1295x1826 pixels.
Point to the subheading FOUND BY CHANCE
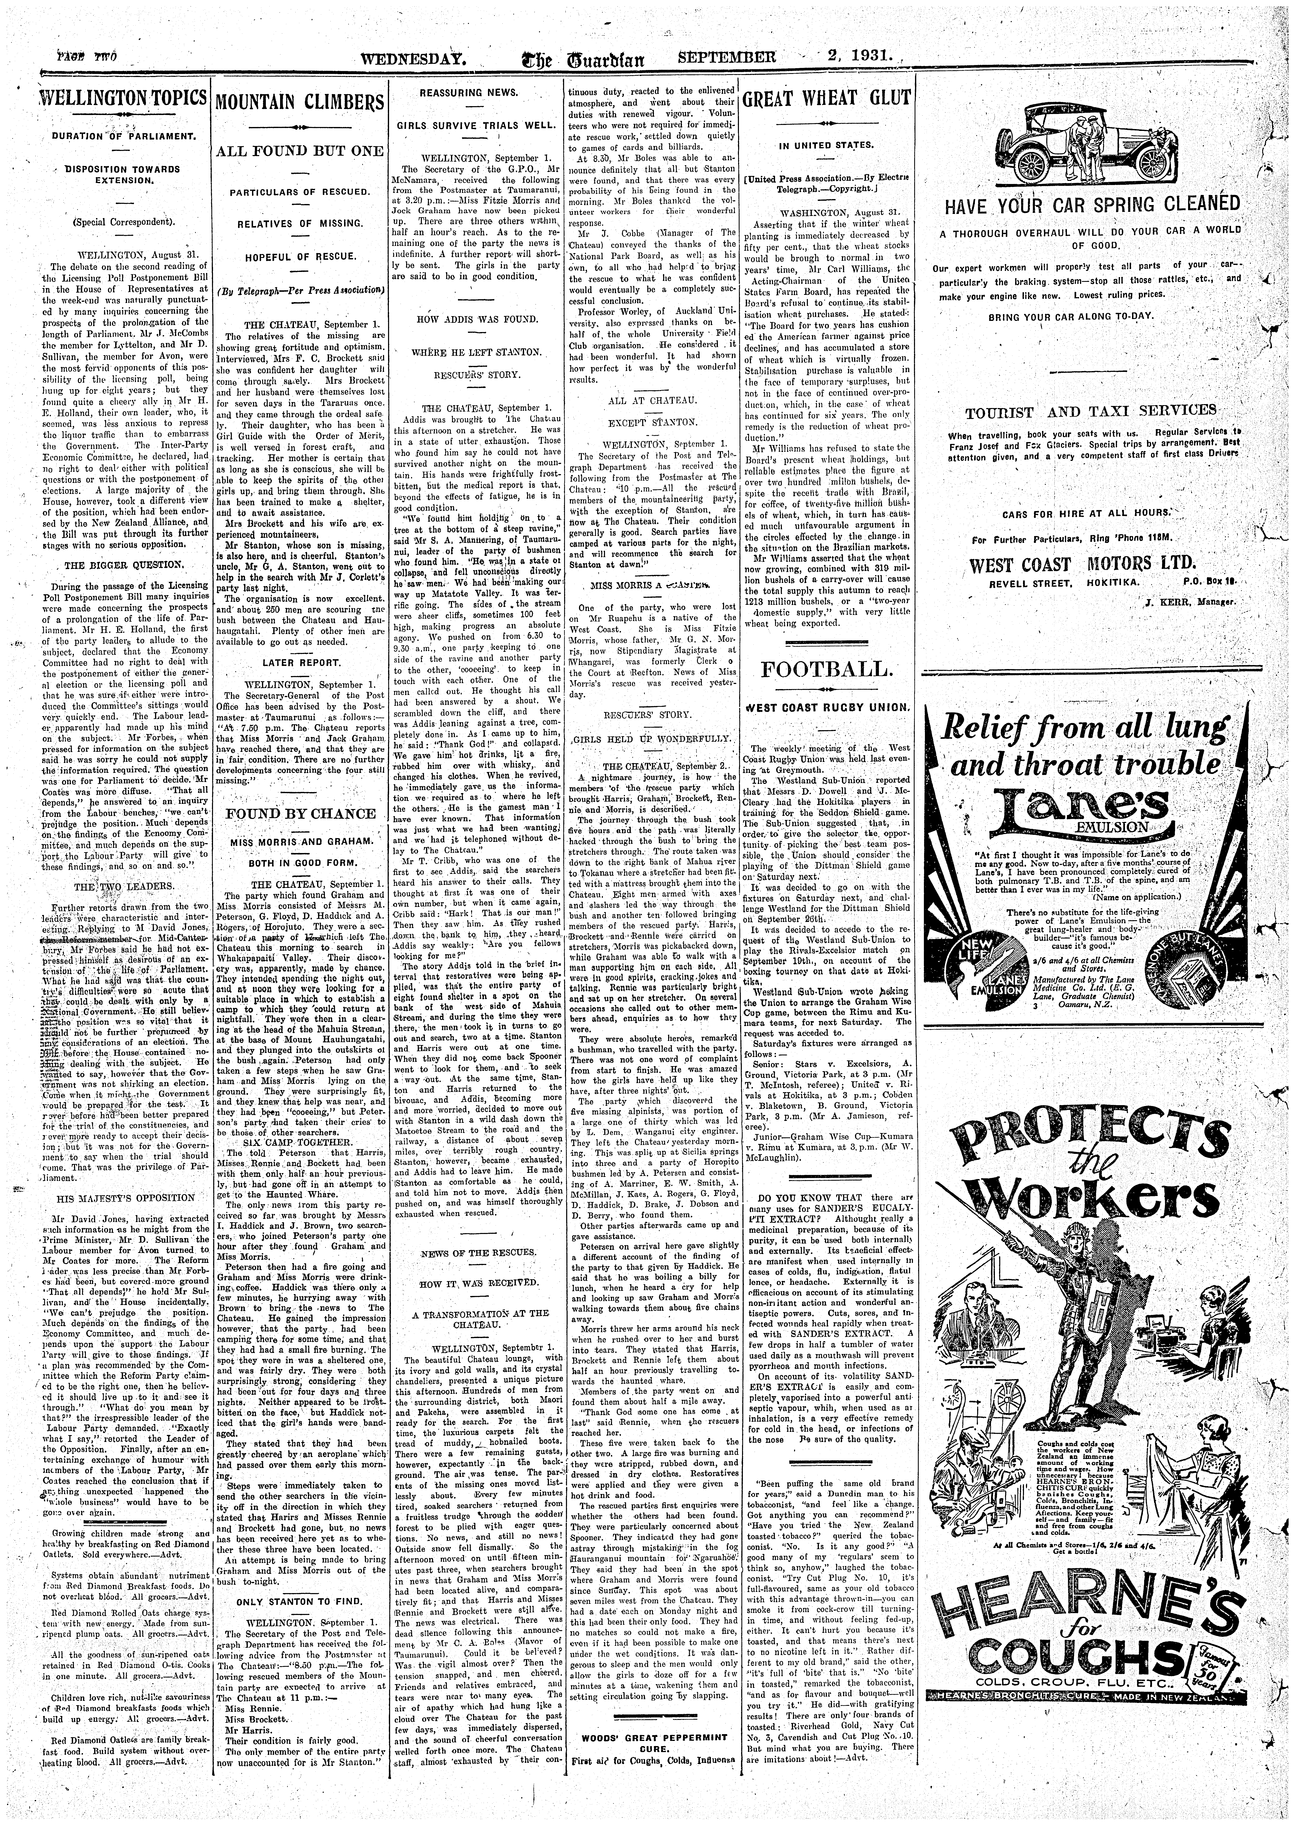pos(300,813)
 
